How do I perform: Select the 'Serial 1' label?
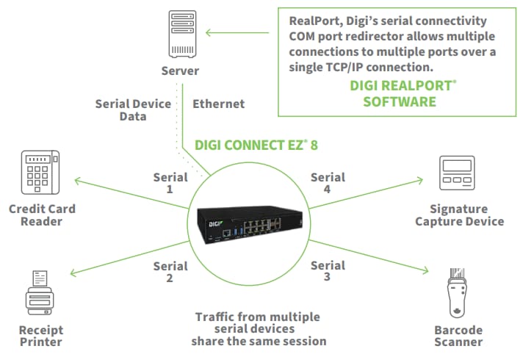coord(170,183)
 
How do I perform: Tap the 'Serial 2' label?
coord(170,272)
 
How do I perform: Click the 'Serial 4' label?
coord(328,183)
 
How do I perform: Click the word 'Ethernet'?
coord(219,104)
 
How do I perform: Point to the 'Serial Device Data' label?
coord(133,110)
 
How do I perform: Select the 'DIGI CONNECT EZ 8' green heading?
coord(256,145)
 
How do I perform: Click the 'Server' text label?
coord(181,71)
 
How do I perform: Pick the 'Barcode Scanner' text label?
coord(458,335)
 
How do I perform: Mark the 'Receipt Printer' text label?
coord(41,335)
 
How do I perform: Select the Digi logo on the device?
coord(210,213)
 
